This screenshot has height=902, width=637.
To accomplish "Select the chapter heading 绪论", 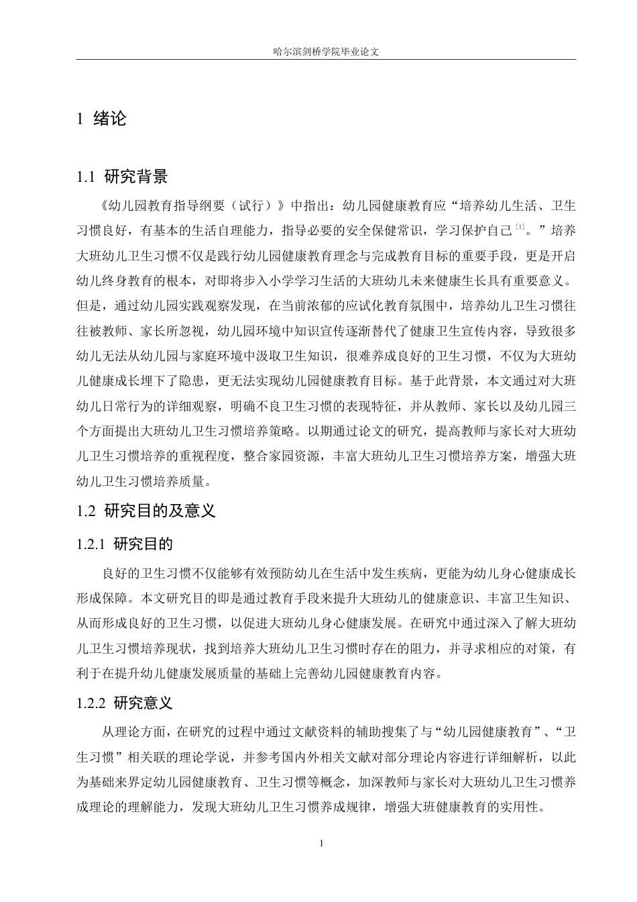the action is tap(110, 119).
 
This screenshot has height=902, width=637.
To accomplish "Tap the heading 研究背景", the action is tap(136, 177).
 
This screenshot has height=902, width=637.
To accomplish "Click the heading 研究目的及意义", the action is tap(160, 511).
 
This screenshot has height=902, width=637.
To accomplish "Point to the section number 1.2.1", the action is tap(92, 544).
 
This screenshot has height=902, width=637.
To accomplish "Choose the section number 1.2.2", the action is tap(92, 703).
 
